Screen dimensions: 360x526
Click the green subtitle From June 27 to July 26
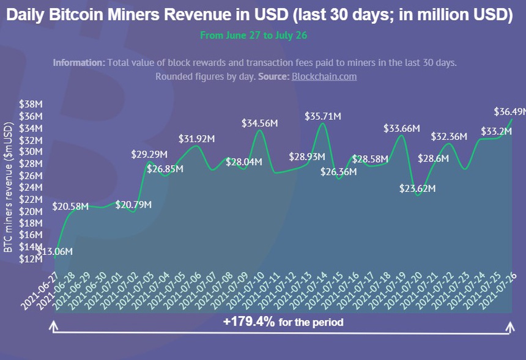tap(253, 35)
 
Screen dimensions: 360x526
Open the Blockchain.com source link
tap(324, 76)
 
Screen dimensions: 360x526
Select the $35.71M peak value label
tap(323, 116)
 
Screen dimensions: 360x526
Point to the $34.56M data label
tap(260, 123)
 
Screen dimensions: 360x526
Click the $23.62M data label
tap(417, 189)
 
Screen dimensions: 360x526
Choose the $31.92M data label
tap(196, 139)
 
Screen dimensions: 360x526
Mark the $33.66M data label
tap(401, 128)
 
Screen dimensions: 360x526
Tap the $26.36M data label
tap(339, 172)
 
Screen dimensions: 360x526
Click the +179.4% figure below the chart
tap(249, 322)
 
